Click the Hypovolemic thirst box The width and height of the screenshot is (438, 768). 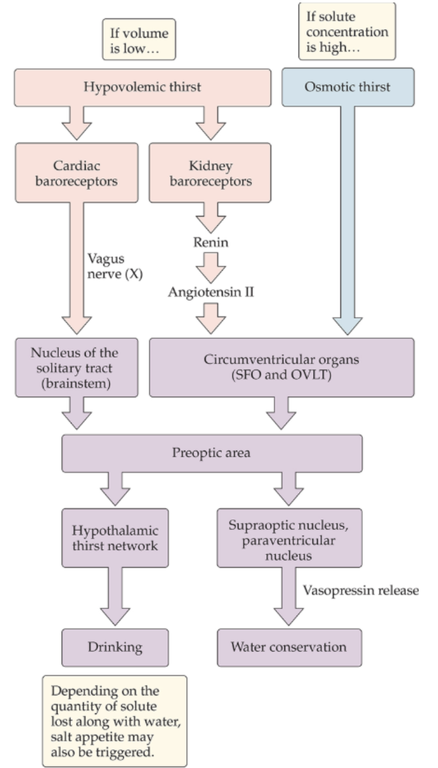142,87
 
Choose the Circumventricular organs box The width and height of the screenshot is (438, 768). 281,368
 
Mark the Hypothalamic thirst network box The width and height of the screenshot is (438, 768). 115,537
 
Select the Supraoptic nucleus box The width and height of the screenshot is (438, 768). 289,537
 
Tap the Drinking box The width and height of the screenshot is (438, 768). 115,646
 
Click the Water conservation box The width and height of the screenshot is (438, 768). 289,646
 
